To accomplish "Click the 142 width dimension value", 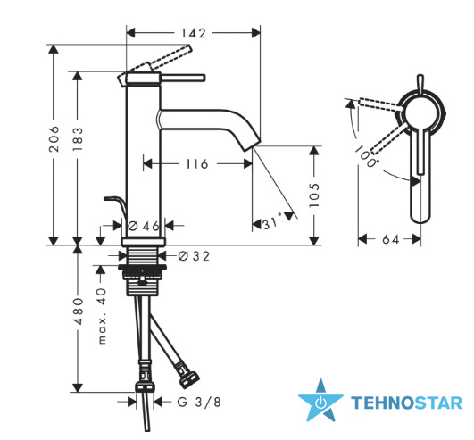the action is pyautogui.click(x=194, y=33).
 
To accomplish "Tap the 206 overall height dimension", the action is pyautogui.click(x=54, y=139).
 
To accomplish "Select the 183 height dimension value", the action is pyautogui.click(x=78, y=139).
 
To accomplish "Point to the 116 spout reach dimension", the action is pyautogui.click(x=196, y=164).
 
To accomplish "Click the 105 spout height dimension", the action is pyautogui.click(x=314, y=195).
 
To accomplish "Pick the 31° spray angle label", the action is pyautogui.click(x=271, y=223).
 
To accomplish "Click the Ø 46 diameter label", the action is pyautogui.click(x=144, y=226).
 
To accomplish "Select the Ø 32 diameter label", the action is pyautogui.click(x=194, y=256).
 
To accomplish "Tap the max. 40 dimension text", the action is pyautogui.click(x=103, y=316).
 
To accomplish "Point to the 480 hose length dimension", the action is pyautogui.click(x=79, y=311).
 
